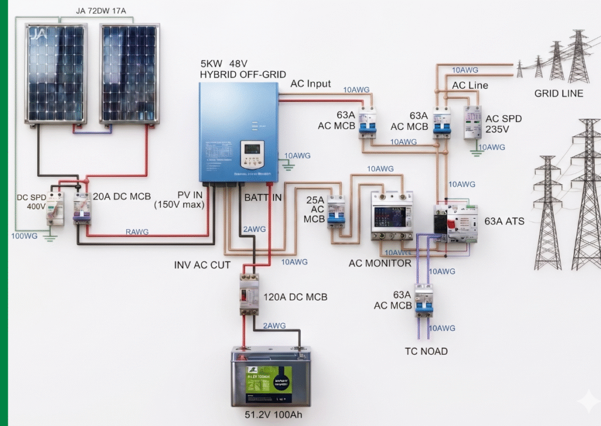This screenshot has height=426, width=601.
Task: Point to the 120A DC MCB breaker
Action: click(249, 294)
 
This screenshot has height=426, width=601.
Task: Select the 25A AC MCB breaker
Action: click(336, 212)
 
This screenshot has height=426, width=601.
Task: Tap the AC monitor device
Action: click(391, 216)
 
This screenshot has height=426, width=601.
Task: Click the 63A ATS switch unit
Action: click(455, 223)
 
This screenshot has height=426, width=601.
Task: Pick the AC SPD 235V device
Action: click(472, 122)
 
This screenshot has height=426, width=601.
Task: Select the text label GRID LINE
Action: click(558, 93)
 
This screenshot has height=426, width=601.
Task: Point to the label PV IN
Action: click(191, 195)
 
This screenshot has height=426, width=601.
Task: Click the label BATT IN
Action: click(262, 198)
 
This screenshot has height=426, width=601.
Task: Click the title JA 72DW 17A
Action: click(100, 11)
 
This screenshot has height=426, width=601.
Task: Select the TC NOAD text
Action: click(426, 351)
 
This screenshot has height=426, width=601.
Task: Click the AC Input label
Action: click(310, 84)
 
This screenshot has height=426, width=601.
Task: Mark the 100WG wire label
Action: click(24, 236)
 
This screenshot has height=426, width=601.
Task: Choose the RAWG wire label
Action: click(137, 232)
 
